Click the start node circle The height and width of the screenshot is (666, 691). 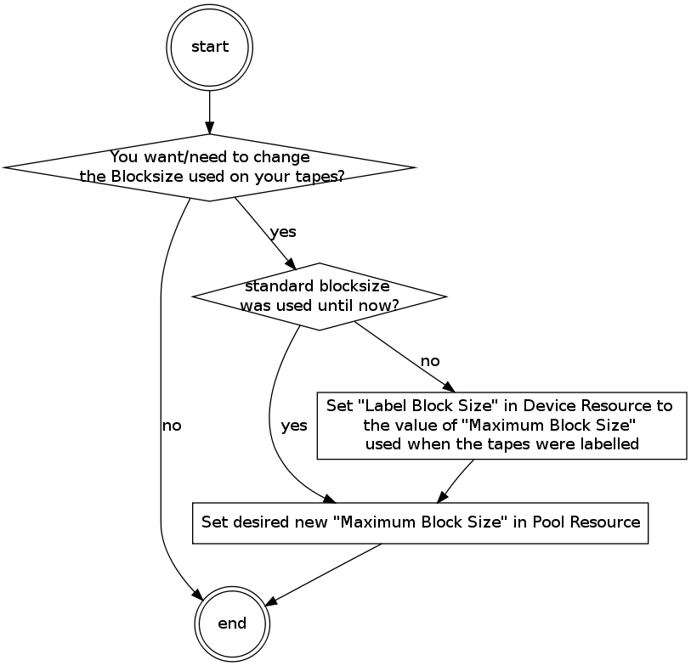(x=210, y=47)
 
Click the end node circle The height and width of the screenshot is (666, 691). (x=232, y=624)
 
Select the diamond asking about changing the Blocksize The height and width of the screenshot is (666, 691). (x=210, y=167)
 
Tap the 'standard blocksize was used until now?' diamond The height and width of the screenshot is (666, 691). (x=319, y=296)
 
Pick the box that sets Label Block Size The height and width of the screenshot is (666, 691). (x=501, y=425)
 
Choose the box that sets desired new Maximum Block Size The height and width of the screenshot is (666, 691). (x=421, y=522)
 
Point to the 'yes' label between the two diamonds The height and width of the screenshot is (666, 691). (x=283, y=232)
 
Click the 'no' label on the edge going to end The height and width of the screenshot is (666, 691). (x=172, y=425)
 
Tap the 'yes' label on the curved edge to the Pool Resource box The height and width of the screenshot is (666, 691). (x=293, y=426)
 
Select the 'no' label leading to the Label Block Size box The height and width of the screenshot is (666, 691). (x=430, y=361)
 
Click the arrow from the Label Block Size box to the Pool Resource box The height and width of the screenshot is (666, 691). (x=457, y=481)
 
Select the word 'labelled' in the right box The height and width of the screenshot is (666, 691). (x=610, y=443)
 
